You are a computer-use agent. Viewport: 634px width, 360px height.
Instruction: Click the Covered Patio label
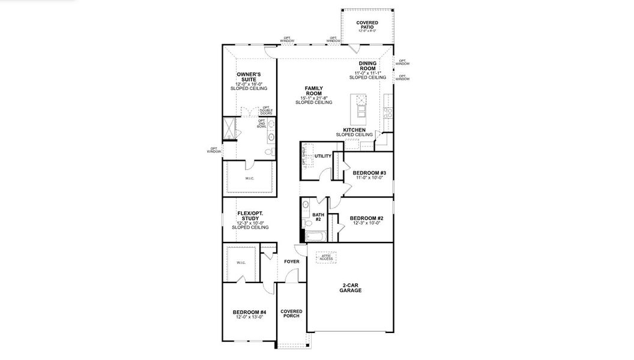point(367,25)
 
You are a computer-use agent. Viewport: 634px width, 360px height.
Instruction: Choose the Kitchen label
point(354,132)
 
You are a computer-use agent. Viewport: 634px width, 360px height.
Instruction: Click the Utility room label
point(323,156)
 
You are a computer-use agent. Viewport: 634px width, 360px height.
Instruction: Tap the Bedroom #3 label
point(369,175)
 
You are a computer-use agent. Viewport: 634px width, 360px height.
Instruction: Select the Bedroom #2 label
point(366,220)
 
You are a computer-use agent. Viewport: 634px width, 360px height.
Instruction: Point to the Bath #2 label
point(318,217)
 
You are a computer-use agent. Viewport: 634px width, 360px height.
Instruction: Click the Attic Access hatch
point(326,257)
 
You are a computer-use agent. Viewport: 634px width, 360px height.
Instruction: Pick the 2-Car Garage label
point(350,287)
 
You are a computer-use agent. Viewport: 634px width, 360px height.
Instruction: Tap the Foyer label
point(292,262)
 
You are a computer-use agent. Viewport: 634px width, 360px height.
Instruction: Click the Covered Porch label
point(291,314)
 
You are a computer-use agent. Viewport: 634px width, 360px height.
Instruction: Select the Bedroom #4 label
point(249,314)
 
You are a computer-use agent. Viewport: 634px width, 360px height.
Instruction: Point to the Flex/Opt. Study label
point(250,220)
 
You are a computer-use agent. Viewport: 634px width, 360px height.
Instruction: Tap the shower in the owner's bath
point(229,127)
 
